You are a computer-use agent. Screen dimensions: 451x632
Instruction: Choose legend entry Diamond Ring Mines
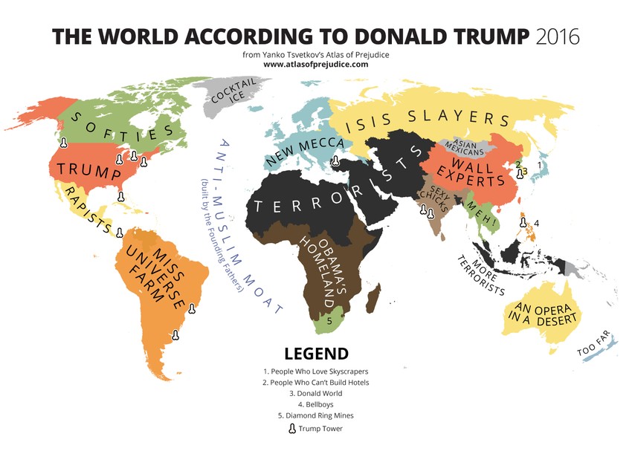click(x=316, y=415)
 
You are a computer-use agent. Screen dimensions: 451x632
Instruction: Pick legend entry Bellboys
click(x=316, y=404)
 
